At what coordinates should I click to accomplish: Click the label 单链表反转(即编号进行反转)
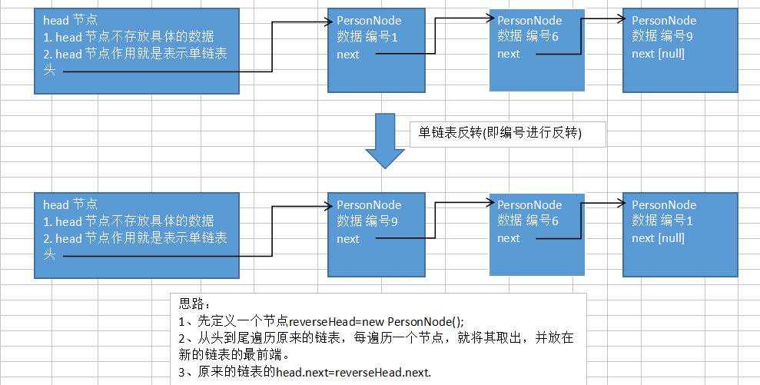click(499, 134)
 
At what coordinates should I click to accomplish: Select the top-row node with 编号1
click(376, 51)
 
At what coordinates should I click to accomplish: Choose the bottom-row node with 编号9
click(376, 234)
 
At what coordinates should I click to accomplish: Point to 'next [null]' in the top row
click(658, 54)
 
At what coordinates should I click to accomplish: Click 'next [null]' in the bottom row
click(658, 238)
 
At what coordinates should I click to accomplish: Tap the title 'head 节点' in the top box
click(70, 21)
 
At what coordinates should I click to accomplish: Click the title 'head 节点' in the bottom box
click(70, 204)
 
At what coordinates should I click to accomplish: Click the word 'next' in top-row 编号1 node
click(348, 55)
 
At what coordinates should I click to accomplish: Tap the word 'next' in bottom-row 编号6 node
click(509, 238)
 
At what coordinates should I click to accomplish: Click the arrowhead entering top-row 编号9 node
click(619, 19)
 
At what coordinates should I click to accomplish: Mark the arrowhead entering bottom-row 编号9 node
click(324, 204)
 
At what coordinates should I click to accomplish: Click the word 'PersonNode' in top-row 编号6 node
click(529, 21)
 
